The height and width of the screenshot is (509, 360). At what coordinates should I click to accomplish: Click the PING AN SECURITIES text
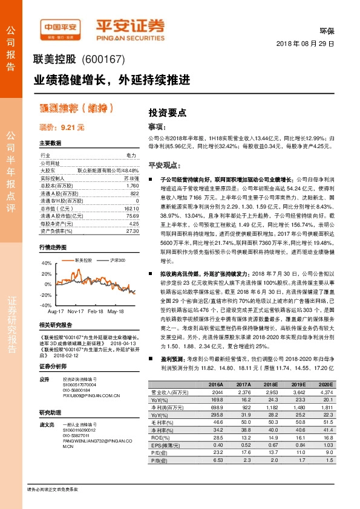tap(130, 36)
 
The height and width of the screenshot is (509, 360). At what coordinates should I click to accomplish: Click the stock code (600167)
tap(103, 60)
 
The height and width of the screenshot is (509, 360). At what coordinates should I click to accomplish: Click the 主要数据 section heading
tap(50, 143)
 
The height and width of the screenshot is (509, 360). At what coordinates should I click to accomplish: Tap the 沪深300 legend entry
tap(116, 259)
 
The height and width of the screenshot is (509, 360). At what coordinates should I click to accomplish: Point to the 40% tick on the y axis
tap(47, 264)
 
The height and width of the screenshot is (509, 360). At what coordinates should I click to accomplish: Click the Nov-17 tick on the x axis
tap(75, 295)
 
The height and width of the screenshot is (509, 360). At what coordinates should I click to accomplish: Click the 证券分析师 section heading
tap(51, 367)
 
